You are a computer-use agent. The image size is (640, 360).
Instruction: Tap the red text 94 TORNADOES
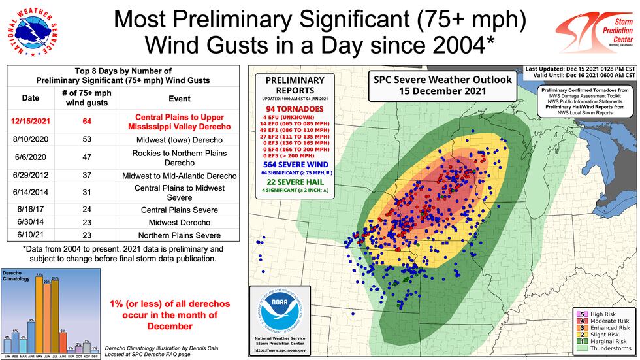(x=294, y=108)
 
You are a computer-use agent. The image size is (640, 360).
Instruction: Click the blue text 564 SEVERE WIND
(x=294, y=165)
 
